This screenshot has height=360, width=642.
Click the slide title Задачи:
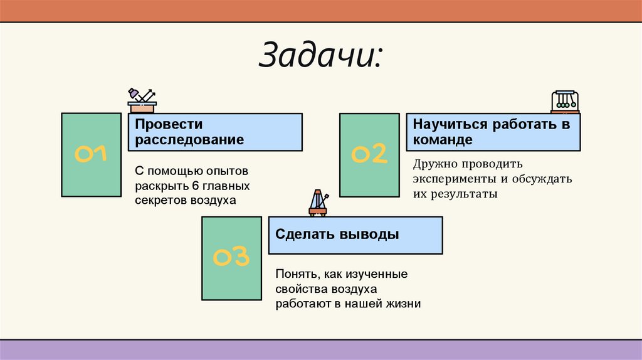click(321, 58)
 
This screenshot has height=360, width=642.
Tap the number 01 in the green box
click(92, 154)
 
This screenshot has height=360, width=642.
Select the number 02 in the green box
click(369, 154)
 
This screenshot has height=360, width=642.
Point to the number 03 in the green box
click(231, 257)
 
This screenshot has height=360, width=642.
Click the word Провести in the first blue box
click(160, 124)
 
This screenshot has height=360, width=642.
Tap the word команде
click(443, 139)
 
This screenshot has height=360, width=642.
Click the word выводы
click(369, 235)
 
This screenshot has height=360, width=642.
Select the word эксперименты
click(451, 179)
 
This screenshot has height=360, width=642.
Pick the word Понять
click(295, 275)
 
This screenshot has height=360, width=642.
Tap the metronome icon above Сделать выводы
click(318, 203)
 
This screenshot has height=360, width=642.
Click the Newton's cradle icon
click(564, 101)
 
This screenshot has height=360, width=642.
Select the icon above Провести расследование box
click(142, 100)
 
